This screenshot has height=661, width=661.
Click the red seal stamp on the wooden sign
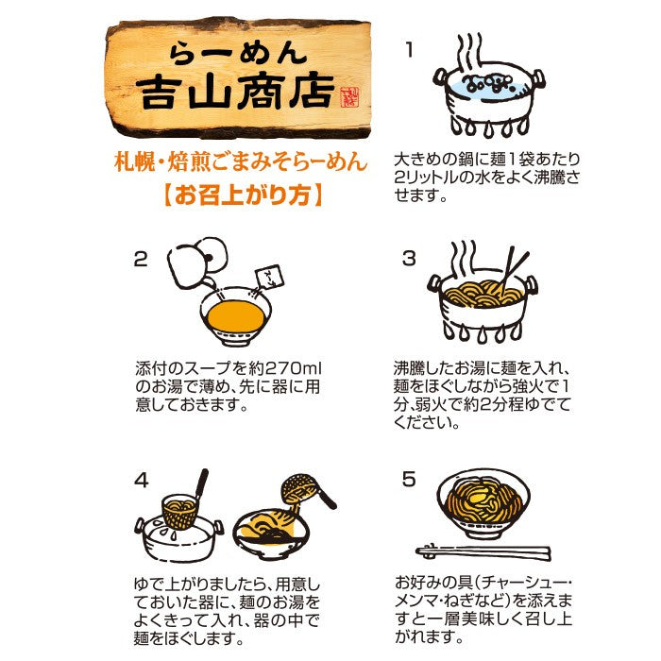(x=348, y=98)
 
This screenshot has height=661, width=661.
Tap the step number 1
(x=409, y=50)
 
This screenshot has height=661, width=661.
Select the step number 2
(x=141, y=259)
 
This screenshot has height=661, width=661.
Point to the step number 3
(x=409, y=259)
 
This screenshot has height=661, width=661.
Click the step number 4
(x=142, y=480)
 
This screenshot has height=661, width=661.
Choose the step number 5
(x=409, y=480)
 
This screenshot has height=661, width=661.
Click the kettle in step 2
(x=196, y=263)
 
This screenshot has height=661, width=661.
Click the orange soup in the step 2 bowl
(x=236, y=316)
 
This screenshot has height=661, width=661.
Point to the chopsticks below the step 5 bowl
(x=483, y=551)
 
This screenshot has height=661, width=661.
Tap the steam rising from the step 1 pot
(x=470, y=53)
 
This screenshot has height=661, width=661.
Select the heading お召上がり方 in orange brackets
(x=243, y=195)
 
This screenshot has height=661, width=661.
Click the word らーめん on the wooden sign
(x=238, y=54)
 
